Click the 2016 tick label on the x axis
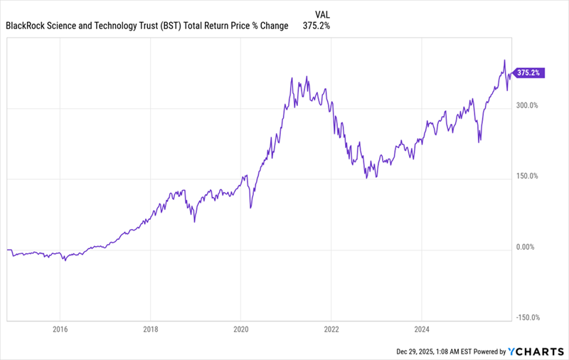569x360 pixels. coord(60,329)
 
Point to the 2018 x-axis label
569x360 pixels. coord(150,329)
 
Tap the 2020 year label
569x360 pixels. coord(240,329)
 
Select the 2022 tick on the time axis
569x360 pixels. coord(331,329)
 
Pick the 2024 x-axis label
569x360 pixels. coord(421,329)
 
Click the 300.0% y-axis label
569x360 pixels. coord(528,105)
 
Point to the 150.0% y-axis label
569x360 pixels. coord(528,176)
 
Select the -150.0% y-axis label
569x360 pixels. coord(526,319)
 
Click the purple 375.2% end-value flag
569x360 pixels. coord(529,73)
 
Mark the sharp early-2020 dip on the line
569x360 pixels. coord(250,207)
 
